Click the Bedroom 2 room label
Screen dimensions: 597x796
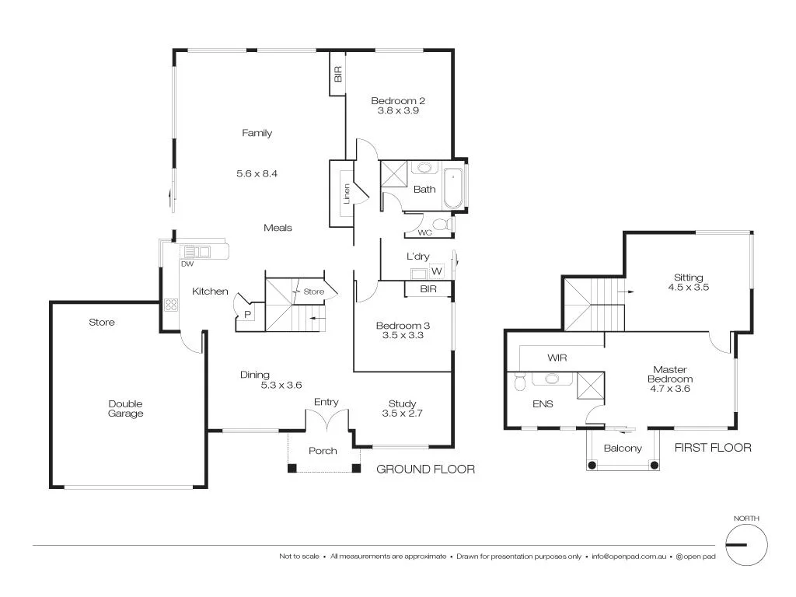point(397,100)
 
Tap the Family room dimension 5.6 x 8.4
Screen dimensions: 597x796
point(257,173)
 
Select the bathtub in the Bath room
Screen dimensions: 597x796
point(452,187)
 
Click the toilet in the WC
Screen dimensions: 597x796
point(440,225)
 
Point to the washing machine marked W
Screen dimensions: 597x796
point(436,271)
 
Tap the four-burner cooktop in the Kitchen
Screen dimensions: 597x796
point(170,305)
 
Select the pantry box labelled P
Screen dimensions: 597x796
point(248,314)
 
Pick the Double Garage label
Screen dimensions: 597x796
point(125,409)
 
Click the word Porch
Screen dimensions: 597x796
point(323,451)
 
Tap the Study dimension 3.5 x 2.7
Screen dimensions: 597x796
point(402,414)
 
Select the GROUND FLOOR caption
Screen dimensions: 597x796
point(425,470)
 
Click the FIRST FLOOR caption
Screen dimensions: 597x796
point(712,448)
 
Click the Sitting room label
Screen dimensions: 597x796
point(688,278)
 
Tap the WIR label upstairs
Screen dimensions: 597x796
point(557,358)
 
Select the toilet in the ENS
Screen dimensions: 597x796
point(520,381)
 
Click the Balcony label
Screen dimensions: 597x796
point(623,448)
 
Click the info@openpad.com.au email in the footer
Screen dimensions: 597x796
point(629,557)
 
